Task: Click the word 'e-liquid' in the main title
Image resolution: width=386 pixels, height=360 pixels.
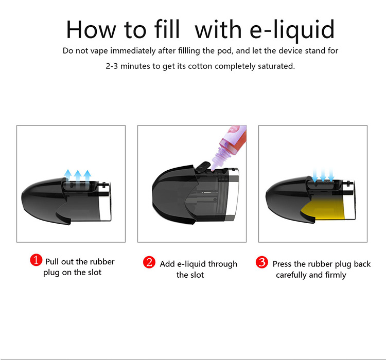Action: (x=292, y=30)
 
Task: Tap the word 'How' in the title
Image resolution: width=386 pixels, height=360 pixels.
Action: (x=91, y=29)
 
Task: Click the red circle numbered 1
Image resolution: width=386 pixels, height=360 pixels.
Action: (x=36, y=260)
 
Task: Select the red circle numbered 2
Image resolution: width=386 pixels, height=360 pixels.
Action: (x=149, y=262)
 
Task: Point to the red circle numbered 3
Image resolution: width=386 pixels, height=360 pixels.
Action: (x=261, y=262)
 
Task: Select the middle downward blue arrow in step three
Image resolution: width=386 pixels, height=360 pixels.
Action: (x=323, y=175)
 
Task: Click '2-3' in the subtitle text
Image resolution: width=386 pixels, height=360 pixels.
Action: (x=112, y=66)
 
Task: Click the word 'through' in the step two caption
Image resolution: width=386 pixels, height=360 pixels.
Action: (x=223, y=264)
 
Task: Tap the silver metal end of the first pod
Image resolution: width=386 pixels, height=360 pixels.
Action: (x=105, y=201)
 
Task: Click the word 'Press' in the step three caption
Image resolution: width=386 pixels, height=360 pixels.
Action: (x=282, y=264)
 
